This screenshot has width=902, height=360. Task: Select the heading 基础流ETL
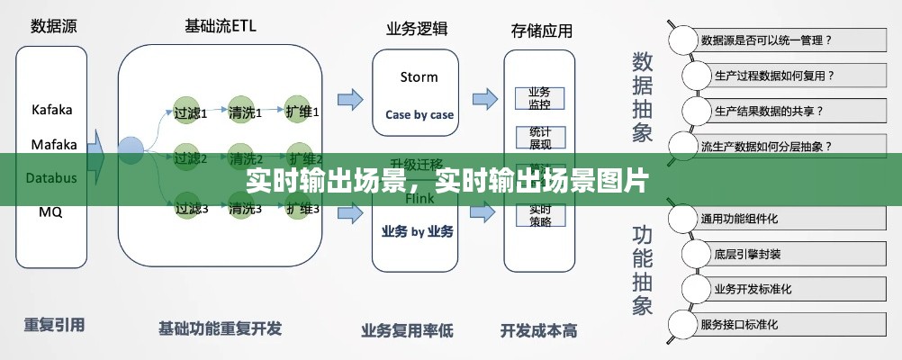click(x=220, y=25)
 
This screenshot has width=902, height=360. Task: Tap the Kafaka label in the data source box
click(x=52, y=110)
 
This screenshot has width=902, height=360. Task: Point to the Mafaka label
click(x=54, y=144)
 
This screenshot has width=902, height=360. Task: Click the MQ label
click(x=50, y=212)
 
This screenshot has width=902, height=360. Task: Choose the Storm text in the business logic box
click(x=419, y=76)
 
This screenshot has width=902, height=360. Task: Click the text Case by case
click(x=419, y=114)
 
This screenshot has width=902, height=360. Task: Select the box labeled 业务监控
click(x=539, y=98)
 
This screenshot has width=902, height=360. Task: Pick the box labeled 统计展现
click(x=539, y=137)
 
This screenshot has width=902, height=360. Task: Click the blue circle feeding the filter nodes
click(x=131, y=146)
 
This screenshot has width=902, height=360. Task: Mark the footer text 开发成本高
click(x=538, y=328)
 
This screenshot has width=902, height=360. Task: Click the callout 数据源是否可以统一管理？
click(x=765, y=40)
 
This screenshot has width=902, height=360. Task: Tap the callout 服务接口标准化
click(x=752, y=324)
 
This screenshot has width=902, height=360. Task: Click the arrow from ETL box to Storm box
click(x=350, y=97)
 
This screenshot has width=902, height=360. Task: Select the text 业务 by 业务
click(x=419, y=231)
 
